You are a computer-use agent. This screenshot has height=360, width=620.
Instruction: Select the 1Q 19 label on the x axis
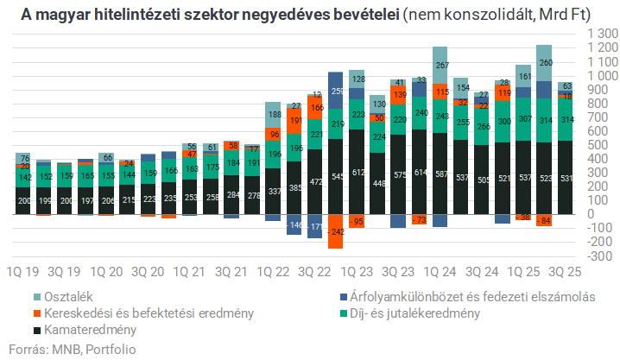tap(24, 270)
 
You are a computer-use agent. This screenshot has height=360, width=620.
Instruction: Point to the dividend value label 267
tap(440, 66)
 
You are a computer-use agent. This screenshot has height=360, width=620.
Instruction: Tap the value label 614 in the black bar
tap(421, 174)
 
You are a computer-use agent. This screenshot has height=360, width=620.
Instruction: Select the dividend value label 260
tap(545, 62)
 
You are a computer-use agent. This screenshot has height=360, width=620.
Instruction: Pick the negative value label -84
tap(545, 222)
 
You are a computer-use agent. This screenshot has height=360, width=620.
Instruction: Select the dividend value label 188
tap(275, 115)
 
